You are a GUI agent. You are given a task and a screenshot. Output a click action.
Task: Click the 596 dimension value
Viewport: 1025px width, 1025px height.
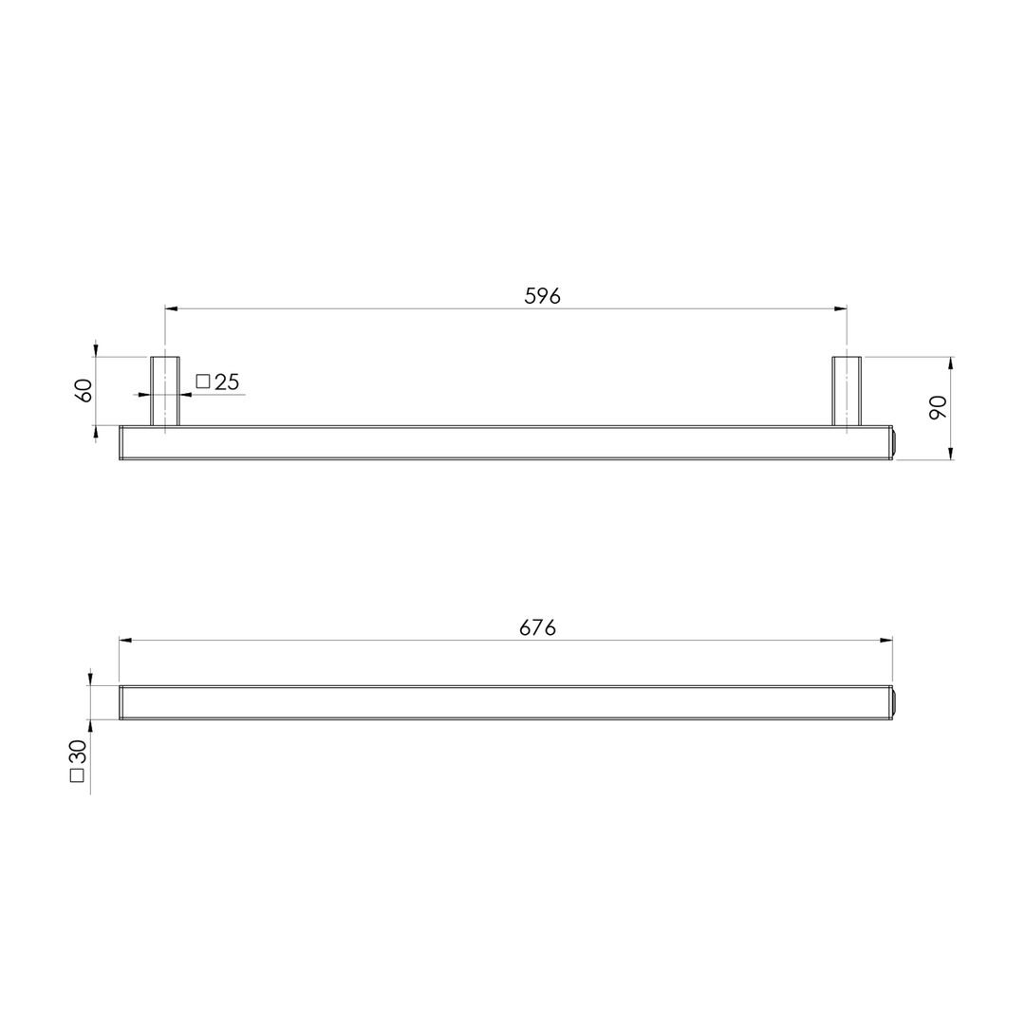point(542,296)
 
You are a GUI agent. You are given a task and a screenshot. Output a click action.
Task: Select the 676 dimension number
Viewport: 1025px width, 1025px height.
point(537,627)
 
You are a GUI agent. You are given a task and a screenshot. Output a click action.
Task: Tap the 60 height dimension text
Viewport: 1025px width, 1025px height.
point(84,390)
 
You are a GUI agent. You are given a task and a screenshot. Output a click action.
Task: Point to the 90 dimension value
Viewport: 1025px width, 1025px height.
point(939,407)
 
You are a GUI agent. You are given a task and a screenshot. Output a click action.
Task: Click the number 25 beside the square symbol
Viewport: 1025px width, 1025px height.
point(227,382)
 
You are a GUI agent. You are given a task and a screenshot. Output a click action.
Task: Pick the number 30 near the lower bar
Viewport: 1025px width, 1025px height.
point(78,752)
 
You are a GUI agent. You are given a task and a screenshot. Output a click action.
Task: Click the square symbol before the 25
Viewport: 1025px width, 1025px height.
point(202,382)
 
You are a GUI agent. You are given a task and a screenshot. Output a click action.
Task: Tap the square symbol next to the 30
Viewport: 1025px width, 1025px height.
point(78,774)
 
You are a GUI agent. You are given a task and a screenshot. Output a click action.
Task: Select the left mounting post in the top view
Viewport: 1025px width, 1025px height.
point(165,390)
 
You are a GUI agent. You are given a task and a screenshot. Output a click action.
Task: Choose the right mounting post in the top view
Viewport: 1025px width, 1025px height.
point(847,390)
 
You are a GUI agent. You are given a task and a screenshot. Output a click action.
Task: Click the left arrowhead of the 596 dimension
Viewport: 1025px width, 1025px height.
point(172,308)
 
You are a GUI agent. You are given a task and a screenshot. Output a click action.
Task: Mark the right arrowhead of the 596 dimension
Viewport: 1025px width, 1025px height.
point(840,308)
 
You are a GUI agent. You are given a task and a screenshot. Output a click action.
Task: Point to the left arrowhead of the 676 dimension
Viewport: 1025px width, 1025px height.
point(125,640)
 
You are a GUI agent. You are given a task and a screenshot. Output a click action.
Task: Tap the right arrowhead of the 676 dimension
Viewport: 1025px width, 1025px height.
point(885,640)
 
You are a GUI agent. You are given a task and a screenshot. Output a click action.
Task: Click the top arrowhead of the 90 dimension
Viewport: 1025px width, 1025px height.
point(951,363)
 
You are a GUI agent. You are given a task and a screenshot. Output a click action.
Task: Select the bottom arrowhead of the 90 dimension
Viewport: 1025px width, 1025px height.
point(951,454)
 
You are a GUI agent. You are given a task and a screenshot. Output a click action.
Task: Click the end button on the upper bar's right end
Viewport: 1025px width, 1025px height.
point(894,442)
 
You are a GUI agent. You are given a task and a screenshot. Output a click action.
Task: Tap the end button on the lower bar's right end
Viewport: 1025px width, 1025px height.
point(894,702)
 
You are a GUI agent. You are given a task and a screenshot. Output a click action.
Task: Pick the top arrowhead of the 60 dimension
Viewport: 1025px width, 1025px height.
point(96,350)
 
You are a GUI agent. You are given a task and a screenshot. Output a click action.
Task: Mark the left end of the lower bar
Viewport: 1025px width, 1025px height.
point(121,702)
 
